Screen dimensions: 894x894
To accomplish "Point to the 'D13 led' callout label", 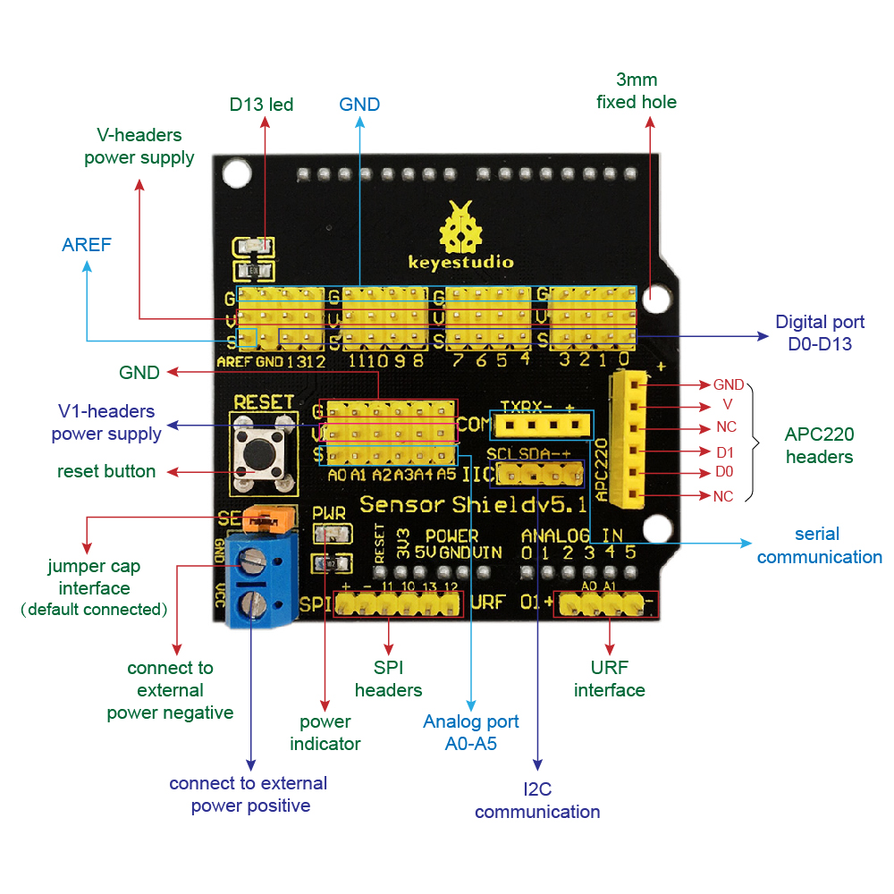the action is tap(261, 105).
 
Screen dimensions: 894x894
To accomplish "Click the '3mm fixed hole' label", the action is tap(637, 90).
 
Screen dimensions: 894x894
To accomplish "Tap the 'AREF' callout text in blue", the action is tap(87, 245).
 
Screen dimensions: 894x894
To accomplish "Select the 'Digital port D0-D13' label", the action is tap(820, 333).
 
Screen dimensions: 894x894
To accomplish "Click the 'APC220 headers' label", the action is tap(819, 445).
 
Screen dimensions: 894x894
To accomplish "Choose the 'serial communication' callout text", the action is tap(819, 545).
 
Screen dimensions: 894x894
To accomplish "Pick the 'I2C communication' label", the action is tap(537, 800).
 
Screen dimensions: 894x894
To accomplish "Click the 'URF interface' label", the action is tap(609, 679).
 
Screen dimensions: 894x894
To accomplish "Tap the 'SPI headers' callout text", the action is tap(388, 679).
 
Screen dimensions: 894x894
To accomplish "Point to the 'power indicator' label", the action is tap(325, 732).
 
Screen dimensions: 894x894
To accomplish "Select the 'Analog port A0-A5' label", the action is tap(471, 732).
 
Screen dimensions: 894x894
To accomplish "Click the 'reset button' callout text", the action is tap(106, 471).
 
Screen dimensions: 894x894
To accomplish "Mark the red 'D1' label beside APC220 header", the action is tap(725, 452).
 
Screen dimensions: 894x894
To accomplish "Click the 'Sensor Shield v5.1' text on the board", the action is tap(473, 504).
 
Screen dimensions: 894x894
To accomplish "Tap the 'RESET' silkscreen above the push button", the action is tap(264, 402).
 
